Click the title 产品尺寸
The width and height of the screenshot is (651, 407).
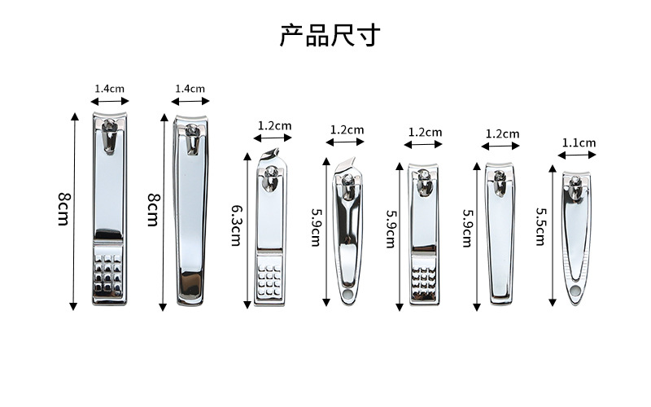pyautogui.click(x=330, y=35)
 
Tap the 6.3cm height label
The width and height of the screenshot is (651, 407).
pyautogui.click(x=237, y=226)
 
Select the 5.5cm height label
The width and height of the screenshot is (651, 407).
pyautogui.click(x=540, y=226)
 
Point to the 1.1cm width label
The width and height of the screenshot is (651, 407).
pyautogui.click(x=579, y=143)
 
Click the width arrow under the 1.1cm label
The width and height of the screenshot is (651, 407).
pyautogui.click(x=577, y=155)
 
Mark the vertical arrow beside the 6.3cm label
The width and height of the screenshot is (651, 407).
pyautogui.click(x=247, y=230)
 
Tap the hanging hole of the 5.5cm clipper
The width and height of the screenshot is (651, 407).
pyautogui.click(x=575, y=291)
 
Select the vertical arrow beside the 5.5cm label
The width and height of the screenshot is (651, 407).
pyautogui.click(x=553, y=235)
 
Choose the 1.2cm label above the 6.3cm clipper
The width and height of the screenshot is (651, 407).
pyautogui.click(x=274, y=125)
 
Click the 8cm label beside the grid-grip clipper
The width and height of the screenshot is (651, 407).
pyautogui.click(x=63, y=209)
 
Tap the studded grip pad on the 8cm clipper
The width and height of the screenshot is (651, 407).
pyautogui.click(x=108, y=273)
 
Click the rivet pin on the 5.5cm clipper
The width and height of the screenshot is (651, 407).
pyautogui.click(x=575, y=181)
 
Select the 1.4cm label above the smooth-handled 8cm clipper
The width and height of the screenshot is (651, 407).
pyautogui.click(x=190, y=89)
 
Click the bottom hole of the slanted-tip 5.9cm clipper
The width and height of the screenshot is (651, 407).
pyautogui.click(x=347, y=295)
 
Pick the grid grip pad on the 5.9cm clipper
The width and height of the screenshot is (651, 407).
pyautogui.click(x=423, y=279)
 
